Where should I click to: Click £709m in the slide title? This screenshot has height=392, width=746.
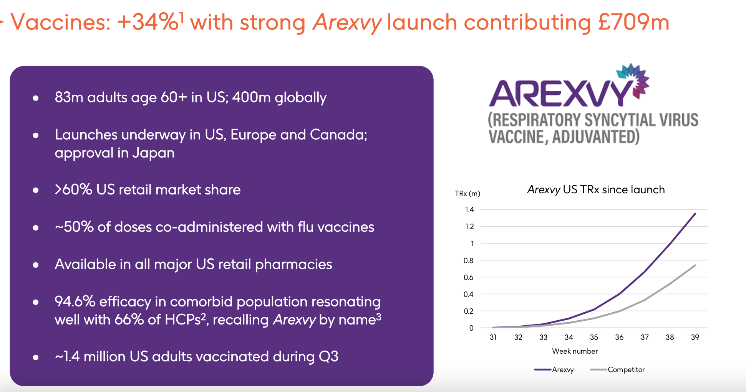coord(633,22)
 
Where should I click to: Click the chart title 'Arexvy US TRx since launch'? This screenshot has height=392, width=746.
coord(596,189)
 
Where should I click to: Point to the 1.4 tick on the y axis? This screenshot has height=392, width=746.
coord(469,209)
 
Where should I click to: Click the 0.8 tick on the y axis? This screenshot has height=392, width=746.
coord(469,260)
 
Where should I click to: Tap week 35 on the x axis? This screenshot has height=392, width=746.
coord(594,337)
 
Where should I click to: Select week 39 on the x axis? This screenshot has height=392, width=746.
coord(695,337)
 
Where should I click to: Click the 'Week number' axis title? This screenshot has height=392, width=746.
coord(575,351)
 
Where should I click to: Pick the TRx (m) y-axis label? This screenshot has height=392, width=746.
coord(467,193)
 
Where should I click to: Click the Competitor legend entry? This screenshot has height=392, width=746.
coord(626,369)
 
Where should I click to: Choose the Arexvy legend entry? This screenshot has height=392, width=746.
coord(562,369)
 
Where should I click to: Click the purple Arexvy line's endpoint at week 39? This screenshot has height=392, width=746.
coord(695,214)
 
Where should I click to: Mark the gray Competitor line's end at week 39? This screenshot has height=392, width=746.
coord(695,265)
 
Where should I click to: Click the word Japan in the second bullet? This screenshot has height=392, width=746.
coord(153,153)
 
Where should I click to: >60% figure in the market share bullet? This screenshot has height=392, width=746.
coord(73,189)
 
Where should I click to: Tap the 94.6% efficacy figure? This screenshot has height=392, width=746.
coord(75,301)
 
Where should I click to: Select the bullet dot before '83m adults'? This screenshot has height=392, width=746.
coord(36,99)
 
